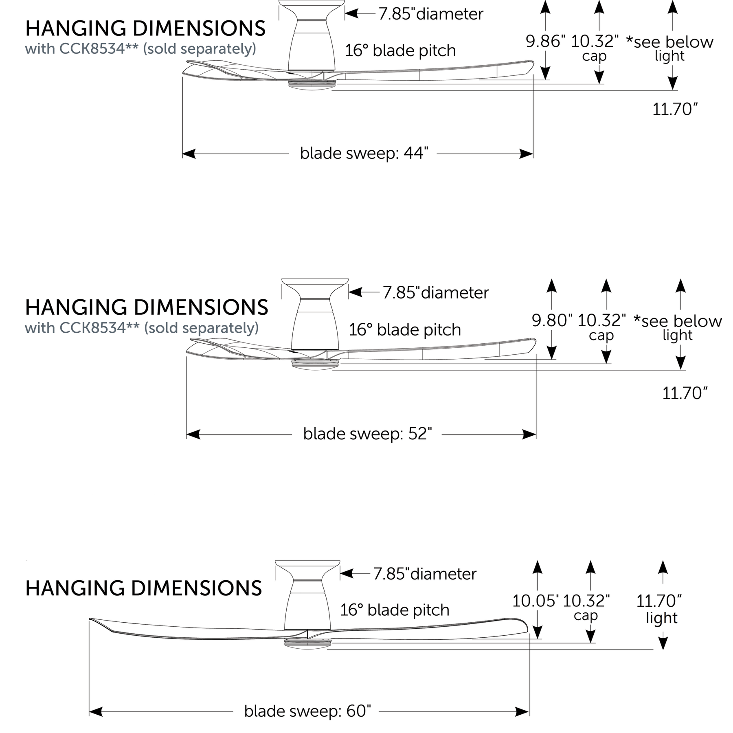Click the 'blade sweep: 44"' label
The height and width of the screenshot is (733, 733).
click(x=364, y=154)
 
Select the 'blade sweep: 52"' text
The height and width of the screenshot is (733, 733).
click(x=367, y=434)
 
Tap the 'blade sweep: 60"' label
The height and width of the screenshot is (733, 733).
click(x=307, y=711)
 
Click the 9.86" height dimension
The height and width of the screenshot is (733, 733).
click(x=545, y=41)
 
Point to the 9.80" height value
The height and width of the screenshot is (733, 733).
click(x=552, y=320)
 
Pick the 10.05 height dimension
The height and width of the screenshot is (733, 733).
click(x=535, y=601)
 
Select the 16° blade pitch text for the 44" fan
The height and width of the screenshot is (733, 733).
click(x=400, y=50)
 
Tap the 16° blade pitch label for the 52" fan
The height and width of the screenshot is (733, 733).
click(x=405, y=329)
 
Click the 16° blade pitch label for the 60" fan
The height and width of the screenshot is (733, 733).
click(x=395, y=610)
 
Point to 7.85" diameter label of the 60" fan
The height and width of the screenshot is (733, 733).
click(x=425, y=574)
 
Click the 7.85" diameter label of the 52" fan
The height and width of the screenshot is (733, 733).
click(x=435, y=292)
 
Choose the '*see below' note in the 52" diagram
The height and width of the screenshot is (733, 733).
click(x=678, y=321)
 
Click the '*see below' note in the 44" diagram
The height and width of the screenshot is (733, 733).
click(x=669, y=42)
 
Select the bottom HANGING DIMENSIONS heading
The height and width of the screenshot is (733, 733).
click(x=143, y=588)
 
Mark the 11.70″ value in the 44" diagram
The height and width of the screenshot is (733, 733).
click(x=675, y=109)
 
